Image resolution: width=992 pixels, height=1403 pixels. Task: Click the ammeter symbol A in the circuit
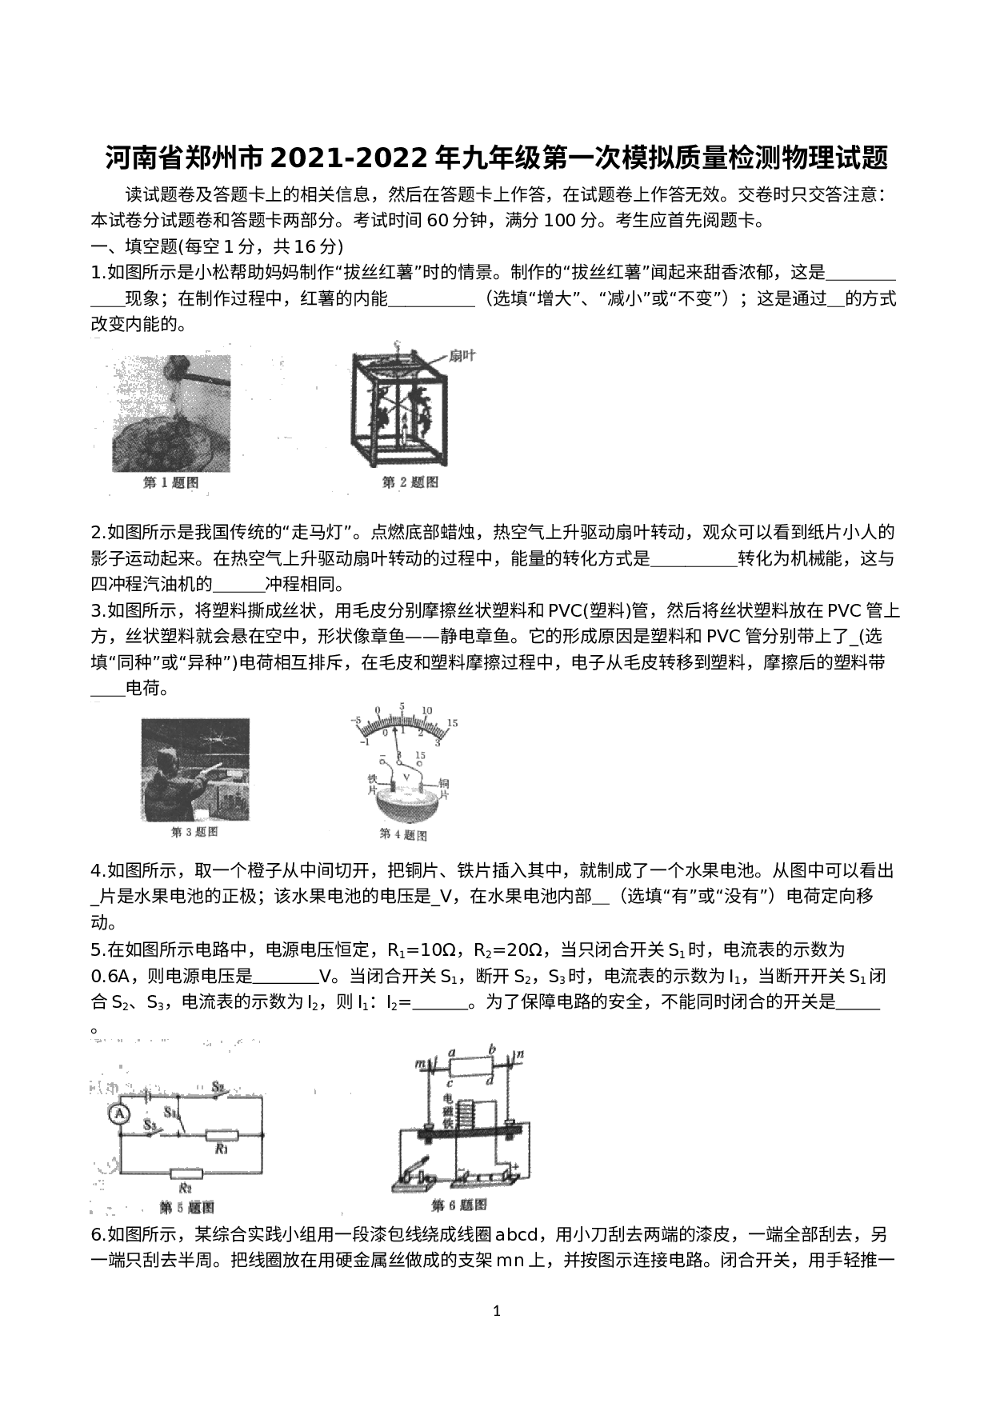click(120, 1113)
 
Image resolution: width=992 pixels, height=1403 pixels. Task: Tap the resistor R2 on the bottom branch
click(186, 1173)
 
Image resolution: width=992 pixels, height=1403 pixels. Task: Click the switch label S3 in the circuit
click(150, 1123)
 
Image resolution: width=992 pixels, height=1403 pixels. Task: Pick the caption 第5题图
click(186, 1207)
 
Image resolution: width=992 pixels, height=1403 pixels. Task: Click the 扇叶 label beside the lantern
click(462, 354)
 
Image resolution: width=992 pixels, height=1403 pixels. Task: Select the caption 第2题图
click(410, 482)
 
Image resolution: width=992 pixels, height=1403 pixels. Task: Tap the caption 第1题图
click(170, 482)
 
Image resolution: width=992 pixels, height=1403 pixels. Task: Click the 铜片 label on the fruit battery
click(445, 789)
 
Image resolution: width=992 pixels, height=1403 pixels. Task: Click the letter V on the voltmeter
click(406, 777)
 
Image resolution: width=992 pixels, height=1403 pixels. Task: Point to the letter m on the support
click(419, 1063)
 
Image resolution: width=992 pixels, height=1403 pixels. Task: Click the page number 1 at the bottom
click(497, 1310)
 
